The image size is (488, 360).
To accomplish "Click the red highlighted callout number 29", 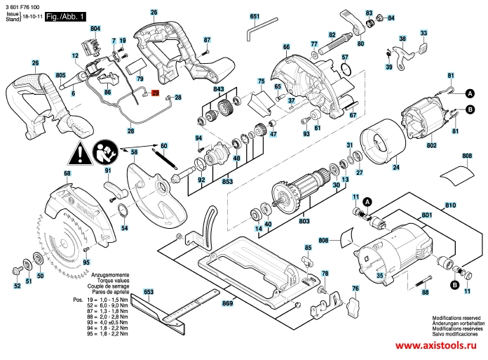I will pos(156,93).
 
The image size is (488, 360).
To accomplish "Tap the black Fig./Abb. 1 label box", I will pos(65,15).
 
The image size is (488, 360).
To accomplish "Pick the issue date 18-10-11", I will pos(31,15).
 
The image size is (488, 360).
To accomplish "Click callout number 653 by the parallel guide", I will pos(148,291).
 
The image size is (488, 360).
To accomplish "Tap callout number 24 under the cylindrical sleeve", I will pos(396,168).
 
